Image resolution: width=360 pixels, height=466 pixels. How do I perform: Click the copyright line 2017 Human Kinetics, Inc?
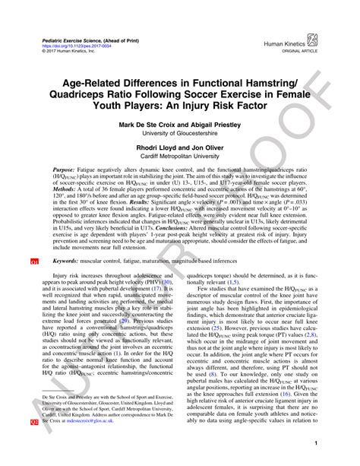[67, 51]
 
